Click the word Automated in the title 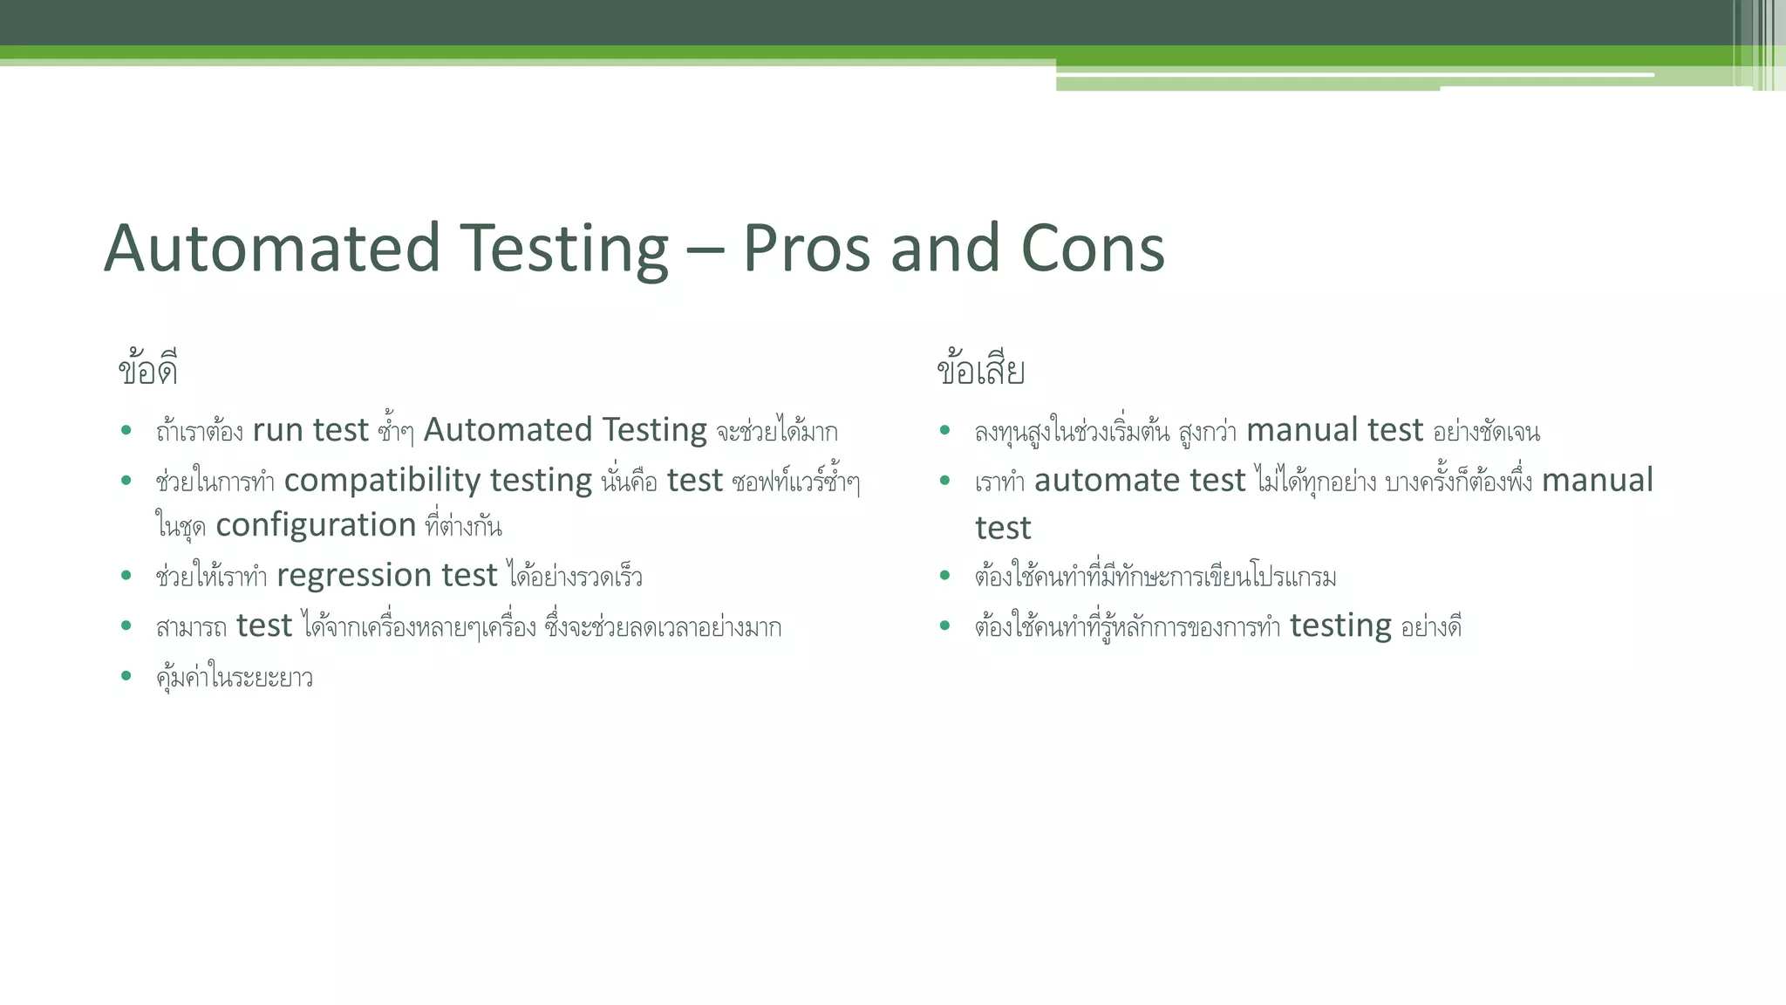click(x=272, y=249)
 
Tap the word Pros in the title click(x=807, y=249)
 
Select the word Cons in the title click(x=1092, y=249)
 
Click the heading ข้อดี click(x=148, y=370)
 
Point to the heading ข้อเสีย click(x=980, y=370)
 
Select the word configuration click(x=316, y=525)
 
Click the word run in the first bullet click(x=278, y=431)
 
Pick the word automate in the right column click(x=1096, y=481)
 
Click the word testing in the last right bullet click(x=1340, y=626)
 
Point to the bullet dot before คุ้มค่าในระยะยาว click(x=126, y=676)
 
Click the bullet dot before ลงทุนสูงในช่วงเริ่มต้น click(x=944, y=430)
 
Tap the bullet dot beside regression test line click(x=126, y=575)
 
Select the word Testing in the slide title click(x=564, y=249)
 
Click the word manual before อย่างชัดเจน click(x=1302, y=431)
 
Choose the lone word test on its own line click(x=1003, y=529)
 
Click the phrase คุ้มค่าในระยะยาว click(x=234, y=677)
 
